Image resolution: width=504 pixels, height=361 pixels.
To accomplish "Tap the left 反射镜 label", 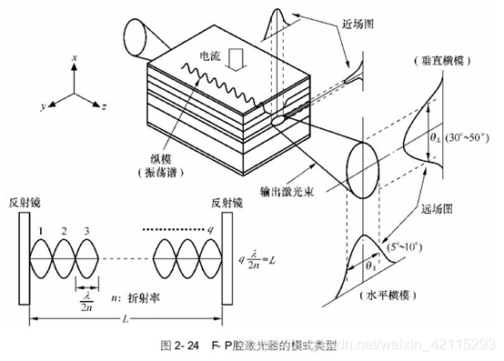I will coord(25,201).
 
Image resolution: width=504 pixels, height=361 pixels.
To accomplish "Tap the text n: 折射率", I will coord(138,296).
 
